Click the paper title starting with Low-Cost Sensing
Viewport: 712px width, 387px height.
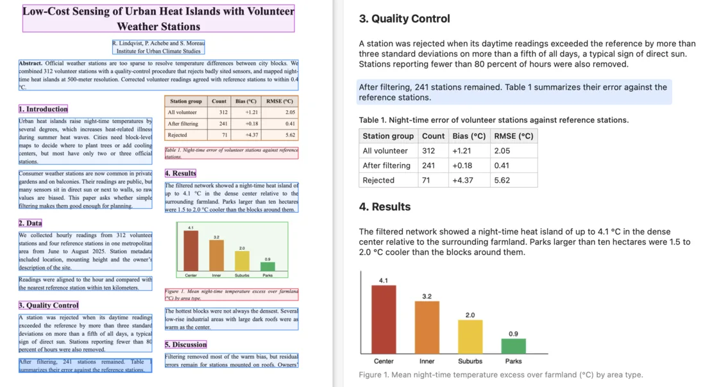click(x=158, y=19)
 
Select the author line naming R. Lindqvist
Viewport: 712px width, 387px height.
click(x=158, y=43)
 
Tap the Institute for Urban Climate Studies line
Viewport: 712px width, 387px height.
click(x=158, y=51)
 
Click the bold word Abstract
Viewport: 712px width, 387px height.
click(x=30, y=63)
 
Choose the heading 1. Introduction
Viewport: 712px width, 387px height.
click(x=43, y=109)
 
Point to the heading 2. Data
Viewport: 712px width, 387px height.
click(x=30, y=223)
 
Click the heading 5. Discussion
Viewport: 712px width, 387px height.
click(x=186, y=344)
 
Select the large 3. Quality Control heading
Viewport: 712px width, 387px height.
click(x=404, y=19)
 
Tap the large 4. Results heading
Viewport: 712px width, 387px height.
click(x=385, y=206)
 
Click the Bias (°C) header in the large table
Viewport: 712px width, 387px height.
click(x=469, y=136)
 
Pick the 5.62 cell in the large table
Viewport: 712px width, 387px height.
click(x=502, y=180)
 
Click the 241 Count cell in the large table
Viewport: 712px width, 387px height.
click(x=428, y=165)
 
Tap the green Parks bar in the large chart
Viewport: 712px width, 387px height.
click(x=514, y=346)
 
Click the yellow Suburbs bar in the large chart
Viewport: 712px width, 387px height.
click(x=470, y=336)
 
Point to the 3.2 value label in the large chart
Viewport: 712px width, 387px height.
click(x=427, y=296)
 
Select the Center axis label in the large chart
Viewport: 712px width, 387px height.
click(x=384, y=361)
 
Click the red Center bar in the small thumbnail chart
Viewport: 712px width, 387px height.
click(x=191, y=251)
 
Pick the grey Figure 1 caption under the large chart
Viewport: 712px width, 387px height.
click(x=501, y=375)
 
